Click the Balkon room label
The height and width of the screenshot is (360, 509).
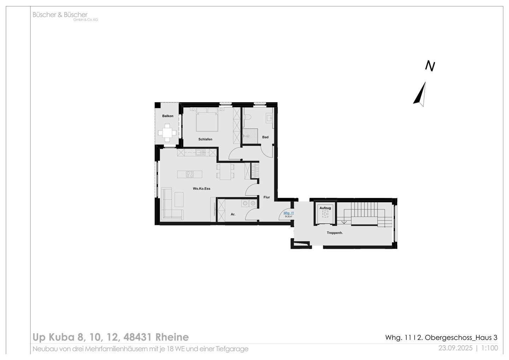pos(168,116)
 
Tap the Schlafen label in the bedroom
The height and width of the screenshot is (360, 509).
pos(205,139)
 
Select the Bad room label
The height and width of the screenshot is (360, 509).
pos(265,137)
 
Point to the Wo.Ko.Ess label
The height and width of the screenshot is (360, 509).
pos(201,188)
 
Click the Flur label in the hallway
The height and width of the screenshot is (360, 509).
pos(267,197)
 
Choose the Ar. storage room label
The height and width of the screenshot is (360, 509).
pos(233,214)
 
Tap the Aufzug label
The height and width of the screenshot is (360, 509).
pos(325,208)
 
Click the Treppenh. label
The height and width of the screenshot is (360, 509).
pos(335,233)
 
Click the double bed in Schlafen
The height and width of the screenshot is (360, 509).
pos(207,120)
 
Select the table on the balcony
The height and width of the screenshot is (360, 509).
pos(167,133)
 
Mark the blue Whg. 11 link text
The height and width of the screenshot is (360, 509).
pos(288,213)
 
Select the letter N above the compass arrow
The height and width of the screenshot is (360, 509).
pos(430,66)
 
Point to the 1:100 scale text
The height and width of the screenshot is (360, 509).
pos(490,348)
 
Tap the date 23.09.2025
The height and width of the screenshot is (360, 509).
pos(455,348)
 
